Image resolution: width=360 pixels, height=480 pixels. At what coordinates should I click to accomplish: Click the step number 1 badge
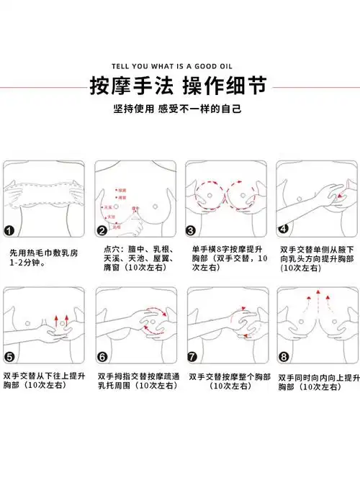[x=10, y=231]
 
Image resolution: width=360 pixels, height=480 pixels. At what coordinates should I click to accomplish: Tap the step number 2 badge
[x=102, y=231]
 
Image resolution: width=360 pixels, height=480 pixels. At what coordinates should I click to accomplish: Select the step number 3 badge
[x=192, y=231]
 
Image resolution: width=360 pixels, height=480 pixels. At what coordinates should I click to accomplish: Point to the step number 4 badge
[x=284, y=229]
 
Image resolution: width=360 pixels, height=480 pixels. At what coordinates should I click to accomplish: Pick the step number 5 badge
[x=10, y=356]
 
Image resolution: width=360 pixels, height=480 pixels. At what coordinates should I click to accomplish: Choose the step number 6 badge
[x=102, y=356]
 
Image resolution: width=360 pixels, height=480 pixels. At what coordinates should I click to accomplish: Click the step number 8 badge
[x=284, y=356]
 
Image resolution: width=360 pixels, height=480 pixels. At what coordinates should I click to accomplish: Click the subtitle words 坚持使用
[x=135, y=110]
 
